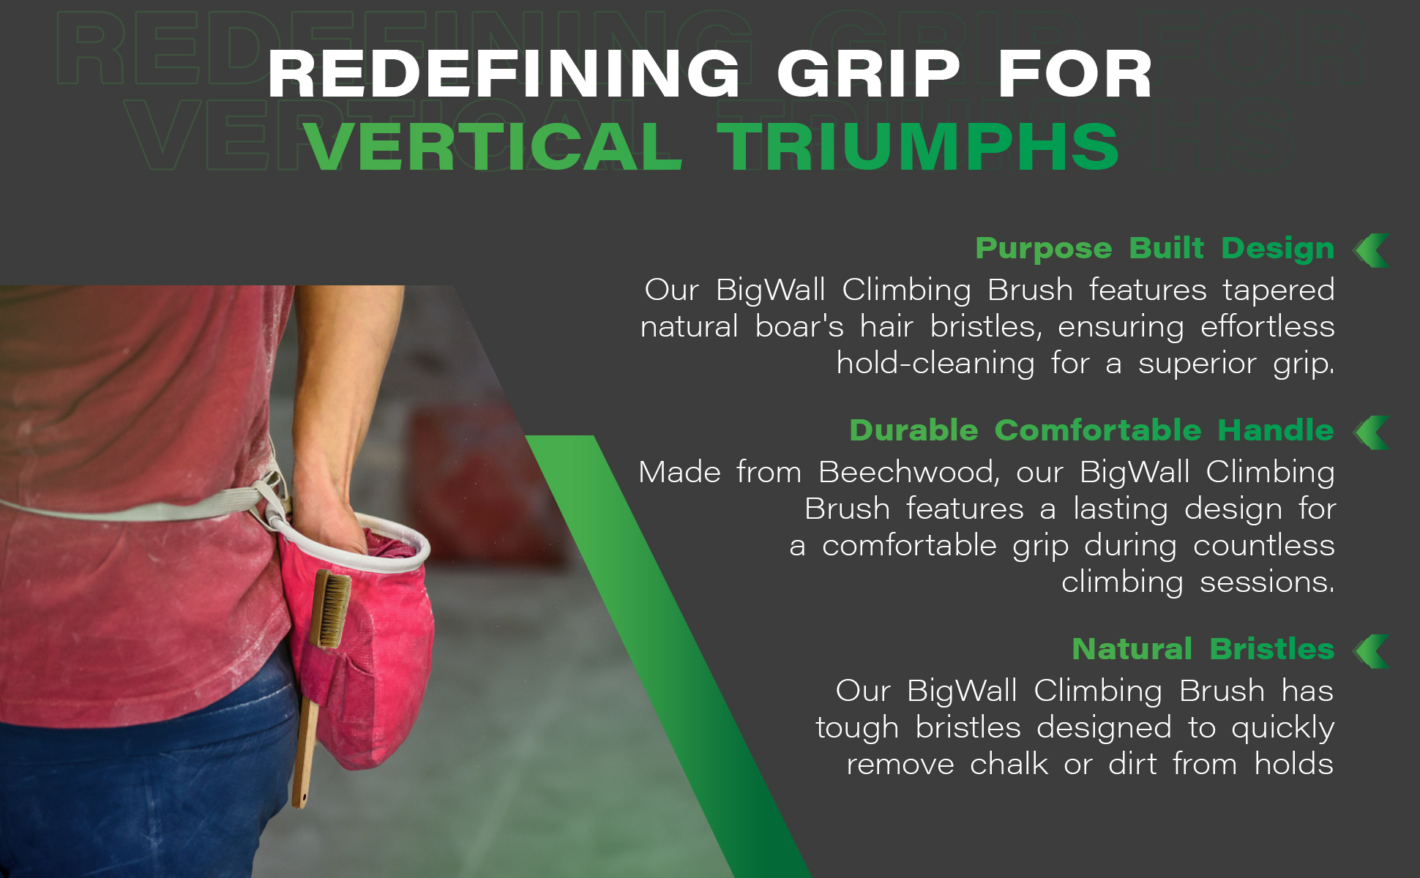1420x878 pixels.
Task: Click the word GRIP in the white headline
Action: (x=868, y=74)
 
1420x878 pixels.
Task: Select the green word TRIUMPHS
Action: (x=918, y=147)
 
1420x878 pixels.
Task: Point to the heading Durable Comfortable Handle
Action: (x=1091, y=430)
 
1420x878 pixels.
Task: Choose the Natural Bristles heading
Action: (x=1203, y=649)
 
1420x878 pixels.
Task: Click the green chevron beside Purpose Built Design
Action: (x=1372, y=251)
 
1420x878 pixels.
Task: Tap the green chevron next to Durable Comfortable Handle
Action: (x=1372, y=432)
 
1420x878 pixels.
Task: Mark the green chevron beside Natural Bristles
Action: (x=1372, y=651)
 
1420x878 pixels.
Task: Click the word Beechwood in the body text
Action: (x=908, y=472)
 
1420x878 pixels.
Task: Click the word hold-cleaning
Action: (x=935, y=364)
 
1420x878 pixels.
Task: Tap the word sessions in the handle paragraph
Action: (x=1267, y=582)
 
